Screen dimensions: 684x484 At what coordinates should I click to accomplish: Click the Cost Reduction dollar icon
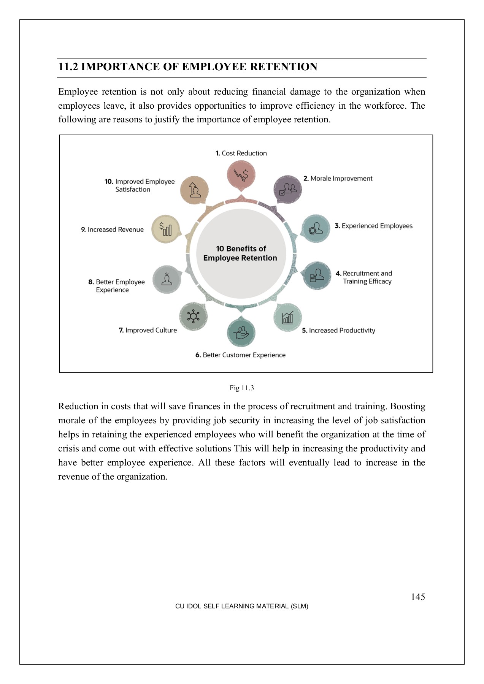tap(241, 175)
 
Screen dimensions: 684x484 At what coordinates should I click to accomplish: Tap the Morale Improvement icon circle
tap(288, 189)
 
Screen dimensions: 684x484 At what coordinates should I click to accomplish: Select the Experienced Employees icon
tap(316, 228)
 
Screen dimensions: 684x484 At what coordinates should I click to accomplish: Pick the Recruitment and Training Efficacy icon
tap(317, 275)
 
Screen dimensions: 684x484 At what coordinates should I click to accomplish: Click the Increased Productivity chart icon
tap(288, 317)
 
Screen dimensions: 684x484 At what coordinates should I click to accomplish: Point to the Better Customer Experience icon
tap(241, 332)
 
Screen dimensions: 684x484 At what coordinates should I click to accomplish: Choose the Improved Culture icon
tap(194, 316)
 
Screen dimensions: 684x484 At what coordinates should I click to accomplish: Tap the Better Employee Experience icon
tap(167, 279)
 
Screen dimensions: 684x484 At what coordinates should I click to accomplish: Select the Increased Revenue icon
tap(165, 229)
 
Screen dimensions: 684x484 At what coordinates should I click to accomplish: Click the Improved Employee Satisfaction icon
tap(194, 190)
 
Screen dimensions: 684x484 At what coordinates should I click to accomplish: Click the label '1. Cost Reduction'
tap(241, 153)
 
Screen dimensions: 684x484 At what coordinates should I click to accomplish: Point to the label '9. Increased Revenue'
tap(112, 230)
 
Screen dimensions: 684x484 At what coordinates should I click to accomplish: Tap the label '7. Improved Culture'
tap(148, 330)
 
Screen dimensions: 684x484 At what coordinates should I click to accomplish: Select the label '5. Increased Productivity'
tap(338, 331)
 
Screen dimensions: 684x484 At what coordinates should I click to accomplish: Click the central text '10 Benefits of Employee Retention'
tap(240, 253)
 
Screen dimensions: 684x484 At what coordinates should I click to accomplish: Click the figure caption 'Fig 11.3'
tap(241, 388)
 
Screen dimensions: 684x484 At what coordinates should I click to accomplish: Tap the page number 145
tap(418, 597)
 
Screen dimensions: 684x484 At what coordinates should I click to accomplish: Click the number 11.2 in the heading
tap(68, 67)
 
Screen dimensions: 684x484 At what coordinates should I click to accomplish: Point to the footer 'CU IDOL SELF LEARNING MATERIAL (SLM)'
tap(241, 606)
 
